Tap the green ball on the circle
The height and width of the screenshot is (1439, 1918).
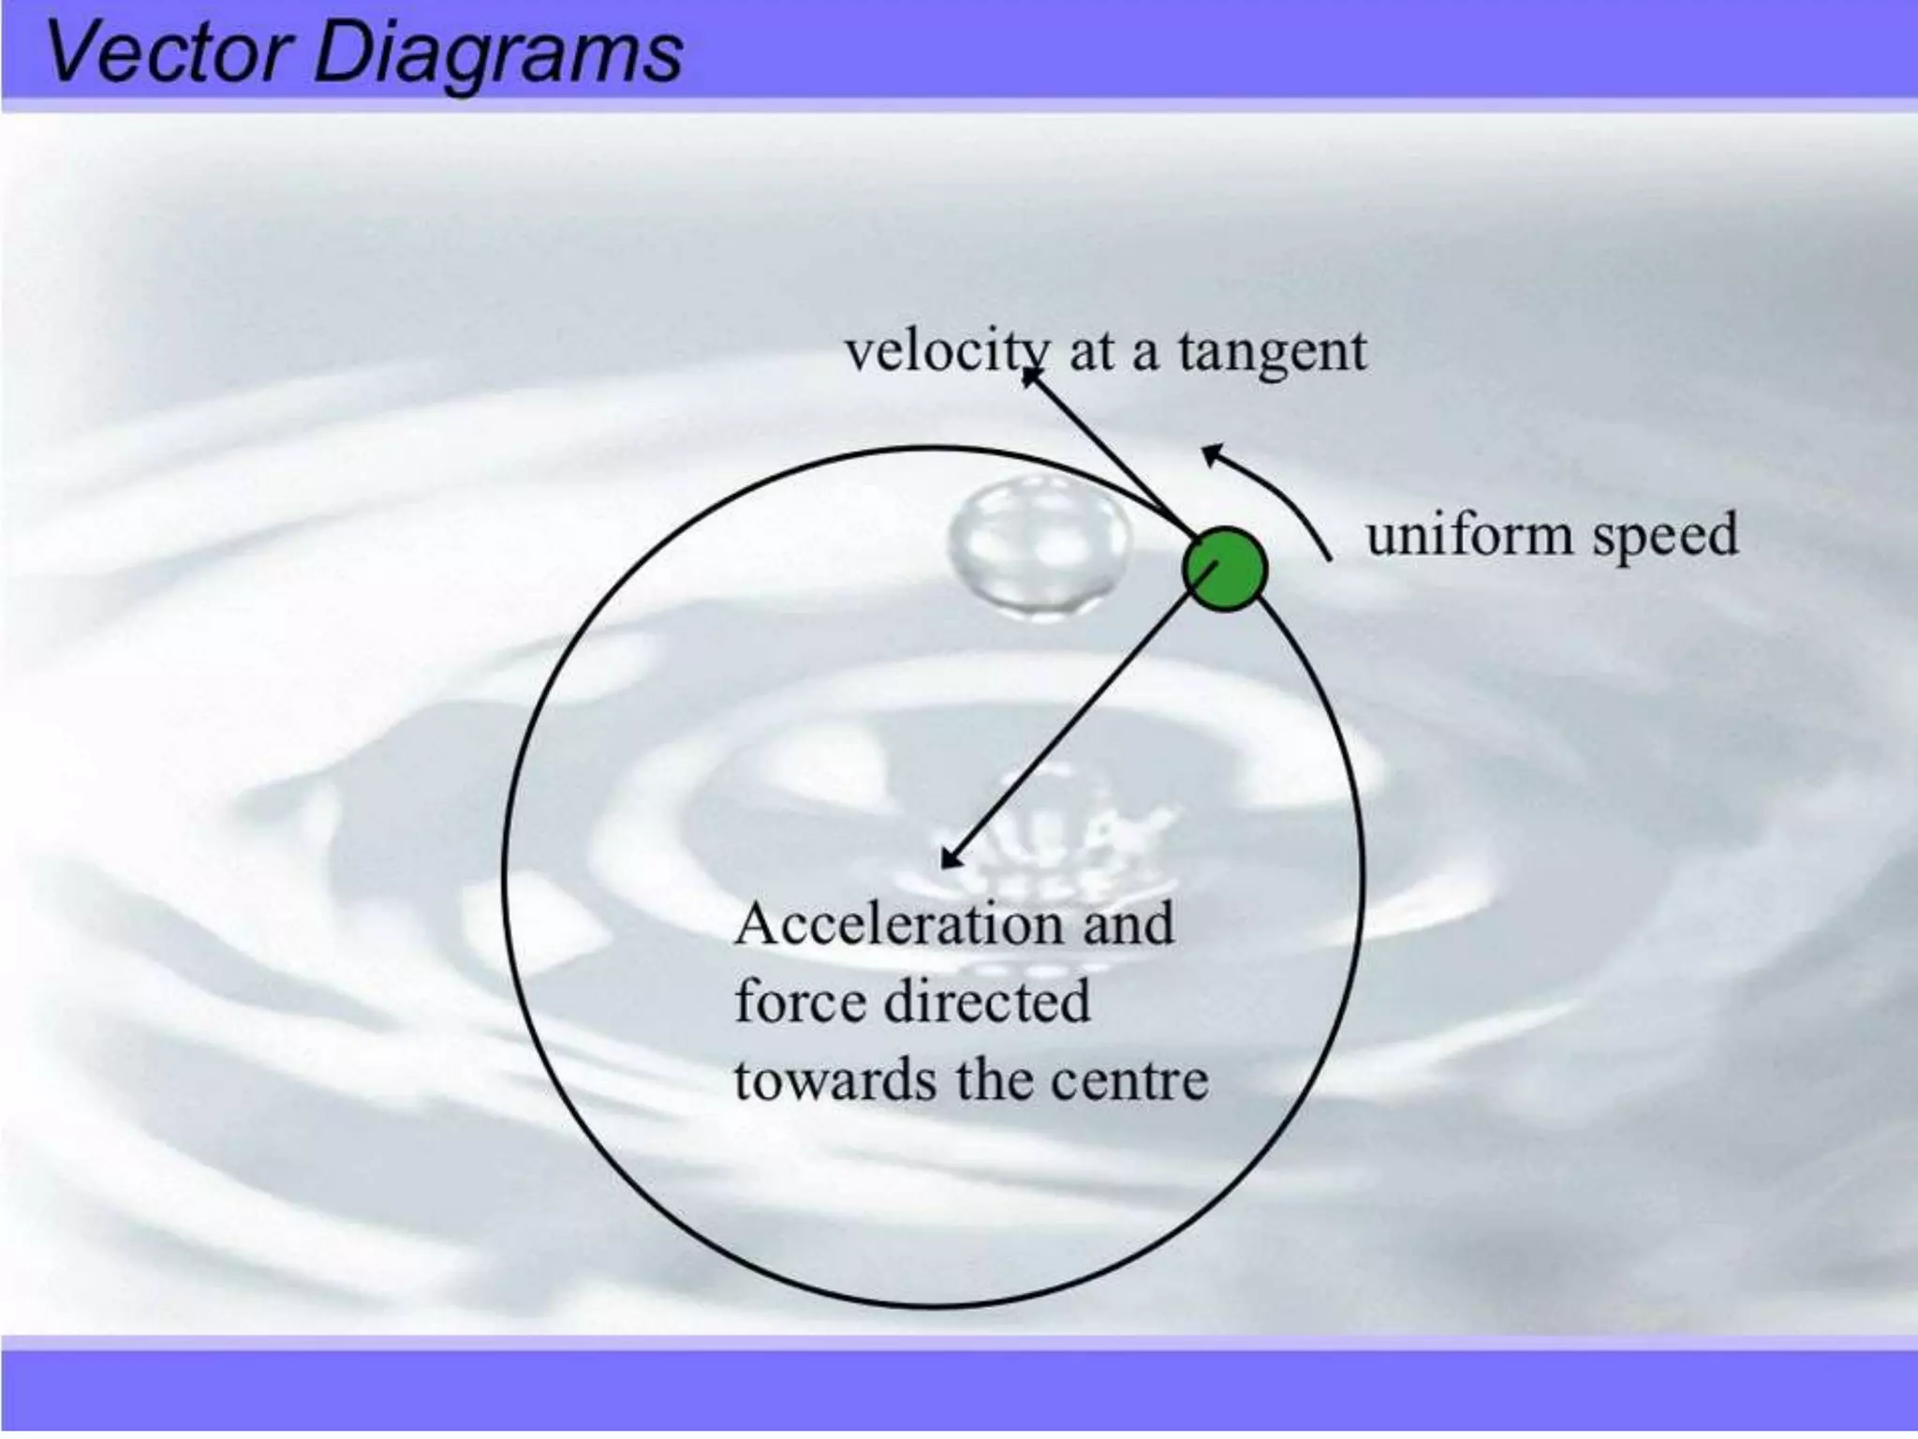[x=1225, y=570]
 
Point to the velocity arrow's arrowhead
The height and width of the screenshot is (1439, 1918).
[x=1030, y=378]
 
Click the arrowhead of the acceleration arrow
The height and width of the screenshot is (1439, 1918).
[x=951, y=857]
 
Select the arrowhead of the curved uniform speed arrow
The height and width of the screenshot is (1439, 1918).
[x=1212, y=454]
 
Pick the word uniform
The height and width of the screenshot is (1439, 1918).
[x=1470, y=536]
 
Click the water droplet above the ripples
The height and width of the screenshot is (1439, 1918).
[x=1038, y=548]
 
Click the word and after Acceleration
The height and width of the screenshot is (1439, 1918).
[x=1128, y=924]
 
